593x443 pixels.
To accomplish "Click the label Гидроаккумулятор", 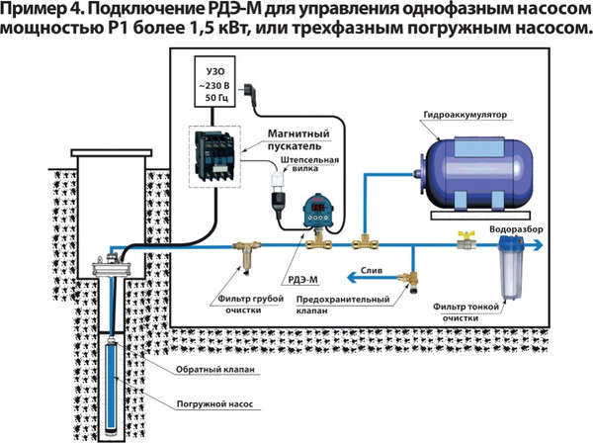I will tap(464, 113).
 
